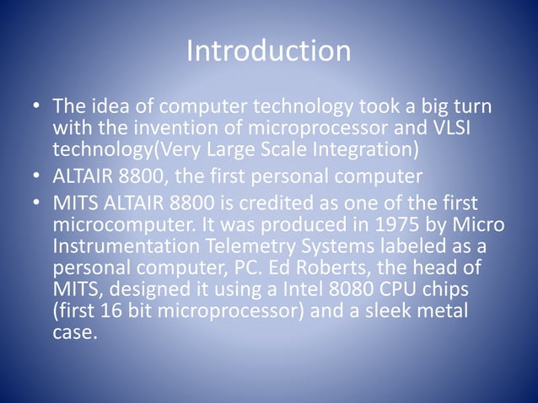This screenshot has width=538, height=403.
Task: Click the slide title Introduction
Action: pos(268,51)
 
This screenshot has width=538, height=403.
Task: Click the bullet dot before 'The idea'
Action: pos(36,110)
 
